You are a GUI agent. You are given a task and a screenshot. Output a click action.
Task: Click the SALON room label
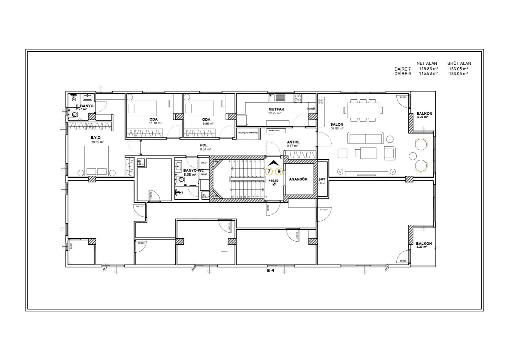coord(336,124)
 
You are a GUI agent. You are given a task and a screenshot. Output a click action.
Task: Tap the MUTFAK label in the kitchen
coord(276,109)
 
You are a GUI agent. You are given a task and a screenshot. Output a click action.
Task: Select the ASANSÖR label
coord(298,179)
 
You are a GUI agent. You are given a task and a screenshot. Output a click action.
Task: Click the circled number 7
coord(269,171)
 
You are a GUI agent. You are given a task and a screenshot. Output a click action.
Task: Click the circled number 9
coord(279,171)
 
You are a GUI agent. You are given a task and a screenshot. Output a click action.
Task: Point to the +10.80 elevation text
coord(273,180)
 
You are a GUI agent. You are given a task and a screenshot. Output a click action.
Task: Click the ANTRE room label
coord(293,142)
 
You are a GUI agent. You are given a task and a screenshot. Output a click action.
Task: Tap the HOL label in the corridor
coord(203,145)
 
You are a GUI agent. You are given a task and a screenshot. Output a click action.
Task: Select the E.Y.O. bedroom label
coord(96,138)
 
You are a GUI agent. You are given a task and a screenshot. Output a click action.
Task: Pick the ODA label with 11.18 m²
coord(154,119)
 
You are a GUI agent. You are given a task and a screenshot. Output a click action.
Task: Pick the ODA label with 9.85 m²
coord(206,119)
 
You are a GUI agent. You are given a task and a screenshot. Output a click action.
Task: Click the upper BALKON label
coord(424,114)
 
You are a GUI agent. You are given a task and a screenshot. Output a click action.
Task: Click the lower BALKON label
coord(424,244)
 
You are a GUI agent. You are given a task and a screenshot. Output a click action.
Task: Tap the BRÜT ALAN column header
coord(459,63)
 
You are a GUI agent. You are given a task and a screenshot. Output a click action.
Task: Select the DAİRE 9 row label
coord(402,74)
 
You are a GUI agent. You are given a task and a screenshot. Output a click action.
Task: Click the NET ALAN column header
coord(426,63)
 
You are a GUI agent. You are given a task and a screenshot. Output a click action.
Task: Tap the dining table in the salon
coord(363,109)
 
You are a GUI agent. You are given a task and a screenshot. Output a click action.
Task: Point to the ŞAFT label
coord(321,179)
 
